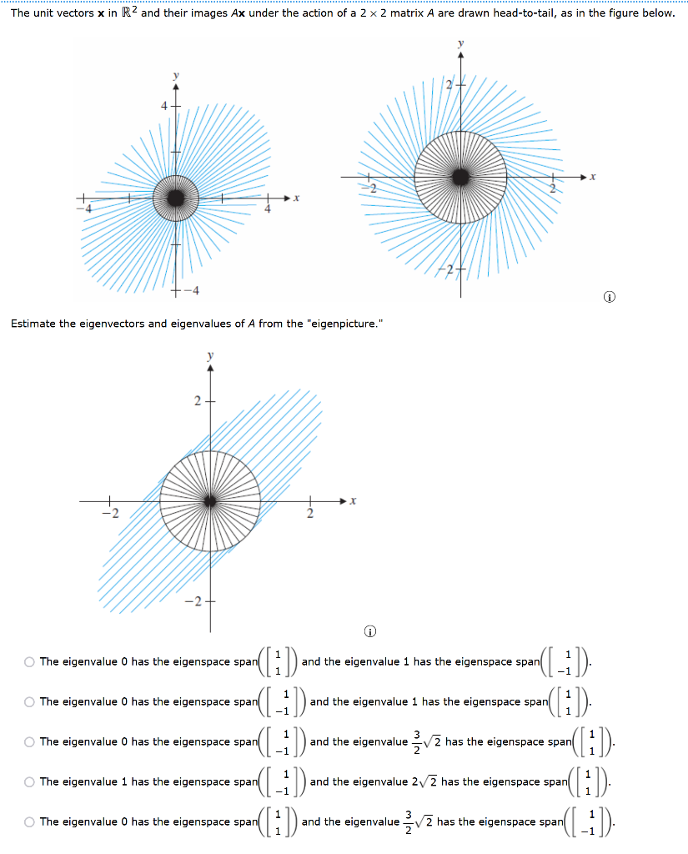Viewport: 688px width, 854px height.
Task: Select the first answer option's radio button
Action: point(29,662)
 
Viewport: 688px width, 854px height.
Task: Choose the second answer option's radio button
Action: point(29,702)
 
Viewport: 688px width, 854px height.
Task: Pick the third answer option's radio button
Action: point(29,742)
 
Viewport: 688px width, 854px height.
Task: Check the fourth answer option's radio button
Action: point(29,782)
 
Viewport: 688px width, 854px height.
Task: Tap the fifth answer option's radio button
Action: point(29,822)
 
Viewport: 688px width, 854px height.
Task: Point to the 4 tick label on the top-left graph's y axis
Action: point(165,106)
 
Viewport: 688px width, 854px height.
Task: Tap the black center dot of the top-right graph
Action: point(460,177)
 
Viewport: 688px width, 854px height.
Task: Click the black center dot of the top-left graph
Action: point(175,198)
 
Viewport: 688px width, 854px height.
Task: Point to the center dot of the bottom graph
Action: point(210,500)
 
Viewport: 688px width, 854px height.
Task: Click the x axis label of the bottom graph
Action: point(353,500)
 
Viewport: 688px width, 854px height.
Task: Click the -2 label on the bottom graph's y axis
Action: point(193,601)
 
